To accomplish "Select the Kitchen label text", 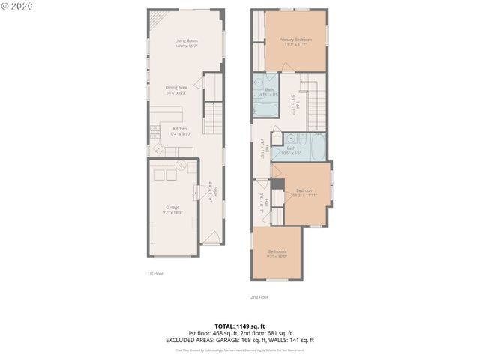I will coord(180,129).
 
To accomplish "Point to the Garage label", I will coord(172,207).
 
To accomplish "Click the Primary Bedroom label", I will coord(295,39).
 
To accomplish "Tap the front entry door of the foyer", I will coord(211,238).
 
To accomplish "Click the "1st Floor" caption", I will coord(155,274).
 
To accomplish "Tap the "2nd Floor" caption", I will coord(259,296).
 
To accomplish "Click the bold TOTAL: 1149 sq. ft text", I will coord(239,326).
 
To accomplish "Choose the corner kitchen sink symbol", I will coord(158,148).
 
